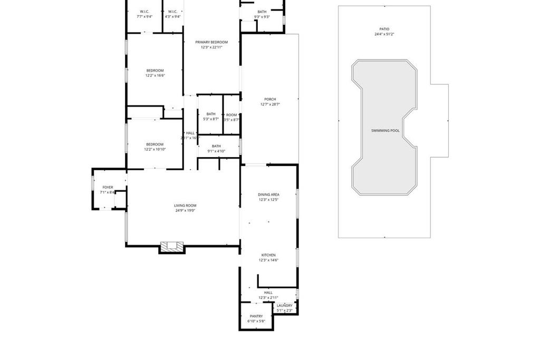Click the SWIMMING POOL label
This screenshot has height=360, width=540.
click(x=385, y=130)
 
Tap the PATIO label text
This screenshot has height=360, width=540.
click(x=384, y=29)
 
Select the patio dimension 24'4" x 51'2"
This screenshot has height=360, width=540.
click(x=384, y=34)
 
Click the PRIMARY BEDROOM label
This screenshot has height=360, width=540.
click(x=211, y=42)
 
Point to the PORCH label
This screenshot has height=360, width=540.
click(x=270, y=99)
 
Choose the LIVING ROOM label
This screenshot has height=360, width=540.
click(x=185, y=206)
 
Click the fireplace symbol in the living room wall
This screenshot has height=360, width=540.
click(x=172, y=246)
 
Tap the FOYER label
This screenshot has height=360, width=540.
click(x=108, y=187)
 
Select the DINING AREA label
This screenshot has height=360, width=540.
click(x=268, y=194)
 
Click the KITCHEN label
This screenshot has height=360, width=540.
click(x=268, y=255)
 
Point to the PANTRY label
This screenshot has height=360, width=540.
click(x=256, y=316)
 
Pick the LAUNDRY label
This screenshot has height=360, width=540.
click(x=284, y=306)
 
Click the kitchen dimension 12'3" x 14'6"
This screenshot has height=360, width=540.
click(x=268, y=260)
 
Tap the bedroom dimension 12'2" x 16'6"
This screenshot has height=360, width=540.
click(x=155, y=75)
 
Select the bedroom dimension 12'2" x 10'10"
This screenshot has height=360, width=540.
click(x=155, y=149)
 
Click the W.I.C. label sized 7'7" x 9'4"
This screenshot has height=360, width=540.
click(x=144, y=12)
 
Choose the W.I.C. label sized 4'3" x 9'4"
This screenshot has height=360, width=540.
click(x=172, y=12)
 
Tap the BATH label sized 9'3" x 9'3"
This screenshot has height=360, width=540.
click(x=262, y=12)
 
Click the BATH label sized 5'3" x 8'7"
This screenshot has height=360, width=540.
click(x=211, y=114)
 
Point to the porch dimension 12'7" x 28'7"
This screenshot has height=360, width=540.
click(x=270, y=104)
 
